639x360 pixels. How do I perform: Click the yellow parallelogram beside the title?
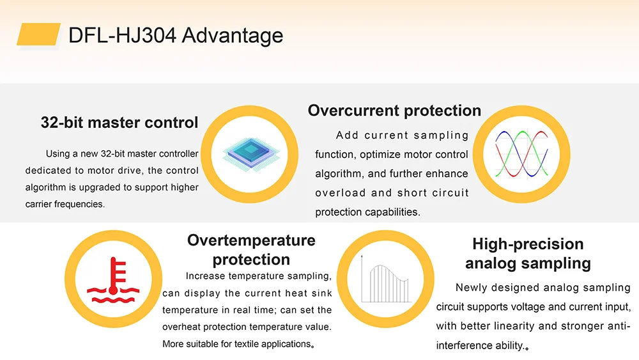click(39, 35)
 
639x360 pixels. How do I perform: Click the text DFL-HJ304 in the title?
click(122, 35)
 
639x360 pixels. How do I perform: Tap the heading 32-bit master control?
click(119, 122)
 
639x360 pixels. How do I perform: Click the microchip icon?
click(250, 154)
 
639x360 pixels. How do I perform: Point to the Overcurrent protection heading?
click(394, 111)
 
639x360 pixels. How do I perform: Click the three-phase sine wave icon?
click(521, 154)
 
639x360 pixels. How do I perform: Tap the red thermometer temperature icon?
click(113, 280)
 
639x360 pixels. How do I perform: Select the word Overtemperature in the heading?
click(251, 240)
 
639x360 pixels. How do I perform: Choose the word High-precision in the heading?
click(528, 244)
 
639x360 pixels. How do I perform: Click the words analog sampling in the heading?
click(528, 263)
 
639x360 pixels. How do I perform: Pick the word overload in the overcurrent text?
click(341, 193)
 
